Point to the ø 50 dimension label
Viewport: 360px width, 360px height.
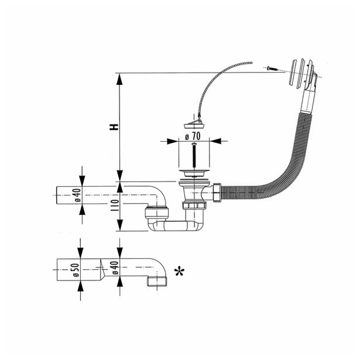(x=76, y=271)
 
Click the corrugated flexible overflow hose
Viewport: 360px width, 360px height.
(x=275, y=176)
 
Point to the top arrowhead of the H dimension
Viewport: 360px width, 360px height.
(x=119, y=77)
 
